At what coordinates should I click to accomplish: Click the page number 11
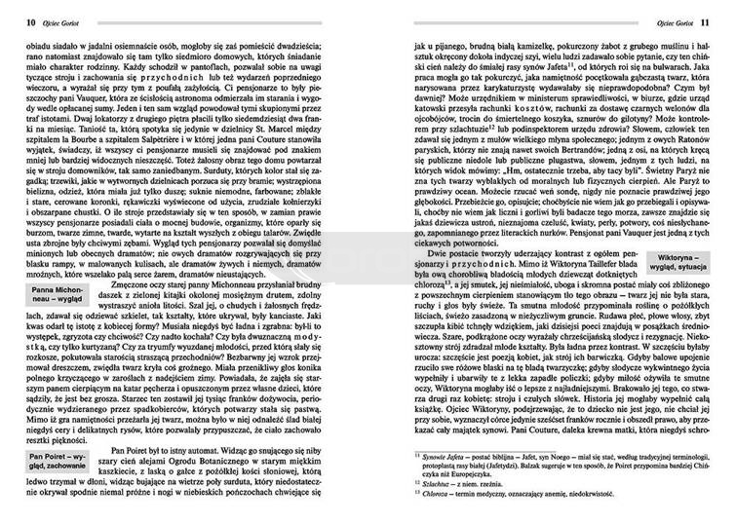[721, 20]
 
